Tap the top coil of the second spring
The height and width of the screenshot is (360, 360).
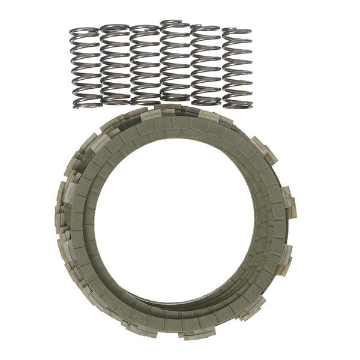click(114, 27)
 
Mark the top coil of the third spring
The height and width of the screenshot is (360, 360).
click(145, 28)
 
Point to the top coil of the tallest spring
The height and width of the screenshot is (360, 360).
click(174, 24)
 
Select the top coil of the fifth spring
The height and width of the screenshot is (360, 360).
click(206, 29)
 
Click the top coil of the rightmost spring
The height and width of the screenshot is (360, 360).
click(238, 30)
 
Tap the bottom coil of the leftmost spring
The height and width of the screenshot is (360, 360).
click(85, 103)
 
